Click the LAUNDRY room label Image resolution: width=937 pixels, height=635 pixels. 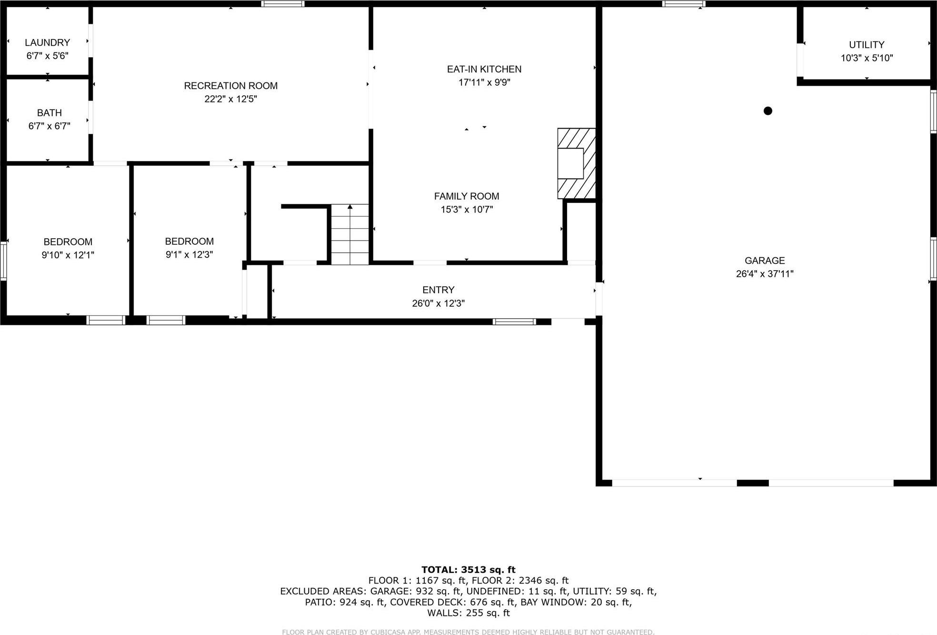click(47, 42)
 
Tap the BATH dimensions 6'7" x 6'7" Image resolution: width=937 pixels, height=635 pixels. click(49, 126)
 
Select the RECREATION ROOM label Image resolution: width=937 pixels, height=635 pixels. click(230, 86)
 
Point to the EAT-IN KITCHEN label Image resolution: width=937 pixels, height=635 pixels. click(484, 69)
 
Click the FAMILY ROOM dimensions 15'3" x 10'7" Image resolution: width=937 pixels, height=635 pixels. click(466, 210)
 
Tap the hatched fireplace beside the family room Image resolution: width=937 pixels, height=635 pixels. click(576, 163)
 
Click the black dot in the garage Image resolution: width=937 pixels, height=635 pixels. click(768, 111)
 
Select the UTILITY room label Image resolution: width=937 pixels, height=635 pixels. click(866, 45)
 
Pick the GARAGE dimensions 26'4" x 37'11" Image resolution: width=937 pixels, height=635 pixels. click(764, 274)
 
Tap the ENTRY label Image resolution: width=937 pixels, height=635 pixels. click(438, 290)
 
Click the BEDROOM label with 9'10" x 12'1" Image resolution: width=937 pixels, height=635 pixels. click(68, 242)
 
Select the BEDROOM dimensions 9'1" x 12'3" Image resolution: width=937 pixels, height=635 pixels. click(189, 255)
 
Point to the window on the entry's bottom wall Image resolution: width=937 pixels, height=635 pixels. click(514, 322)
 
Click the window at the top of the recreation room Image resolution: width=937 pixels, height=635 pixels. click(282, 4)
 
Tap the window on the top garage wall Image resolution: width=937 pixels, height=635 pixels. click(683, 4)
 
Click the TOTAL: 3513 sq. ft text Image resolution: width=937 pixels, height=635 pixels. click(468, 570)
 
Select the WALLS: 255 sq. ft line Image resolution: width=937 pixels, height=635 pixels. click(468, 613)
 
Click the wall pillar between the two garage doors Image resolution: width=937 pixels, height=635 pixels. click(752, 483)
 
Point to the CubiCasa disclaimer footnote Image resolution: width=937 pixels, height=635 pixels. click(468, 632)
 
